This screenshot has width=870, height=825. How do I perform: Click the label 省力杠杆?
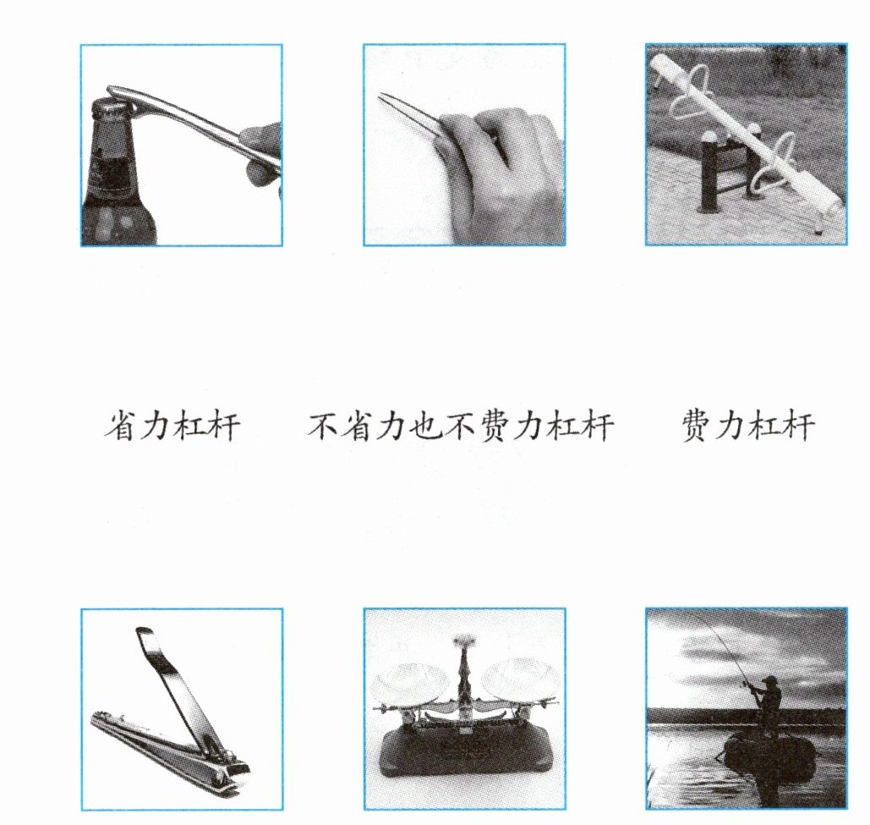click(x=172, y=426)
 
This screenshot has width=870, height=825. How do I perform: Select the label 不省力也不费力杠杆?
click(x=461, y=426)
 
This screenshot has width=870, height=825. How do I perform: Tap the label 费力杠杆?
click(x=748, y=426)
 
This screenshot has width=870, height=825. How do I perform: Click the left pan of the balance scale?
click(x=408, y=680)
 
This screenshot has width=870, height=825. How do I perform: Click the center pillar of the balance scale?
click(x=464, y=683)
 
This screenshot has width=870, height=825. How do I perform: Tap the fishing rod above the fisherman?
click(x=721, y=646)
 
